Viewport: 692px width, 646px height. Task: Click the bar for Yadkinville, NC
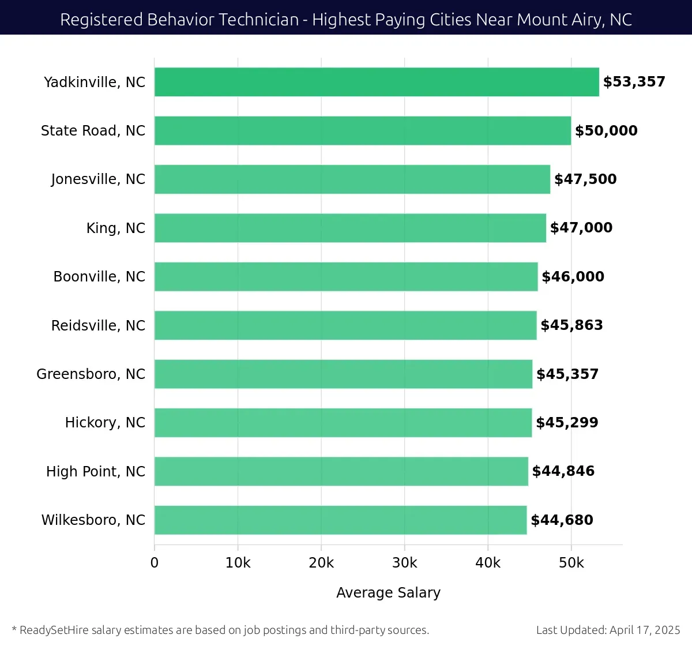point(377,82)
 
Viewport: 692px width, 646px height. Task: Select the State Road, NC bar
point(362,131)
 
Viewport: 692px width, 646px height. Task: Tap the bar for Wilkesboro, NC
point(340,520)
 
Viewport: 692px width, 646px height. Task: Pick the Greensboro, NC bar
point(343,374)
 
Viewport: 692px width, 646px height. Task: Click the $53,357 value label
point(634,82)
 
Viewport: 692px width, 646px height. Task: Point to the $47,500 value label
point(585,179)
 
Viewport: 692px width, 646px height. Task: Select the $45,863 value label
point(571,325)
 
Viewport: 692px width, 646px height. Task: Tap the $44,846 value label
point(563,471)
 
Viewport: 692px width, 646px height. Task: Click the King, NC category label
point(115,228)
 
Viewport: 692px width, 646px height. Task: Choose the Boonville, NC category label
point(99,277)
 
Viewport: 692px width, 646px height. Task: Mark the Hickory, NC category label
point(105,423)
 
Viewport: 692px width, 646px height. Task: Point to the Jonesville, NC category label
point(98,179)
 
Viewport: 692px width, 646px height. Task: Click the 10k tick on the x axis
point(238,563)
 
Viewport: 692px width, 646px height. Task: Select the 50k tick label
point(571,563)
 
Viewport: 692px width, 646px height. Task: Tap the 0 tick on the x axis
point(155,563)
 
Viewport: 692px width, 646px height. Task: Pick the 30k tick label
point(404,563)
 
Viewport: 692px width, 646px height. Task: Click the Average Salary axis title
point(388,593)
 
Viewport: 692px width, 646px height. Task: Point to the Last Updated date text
point(608,630)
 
